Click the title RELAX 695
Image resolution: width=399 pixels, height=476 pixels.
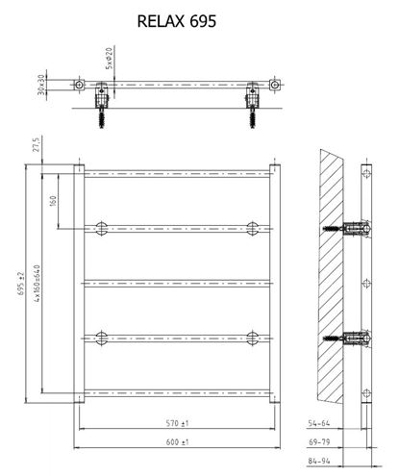pos(177,21)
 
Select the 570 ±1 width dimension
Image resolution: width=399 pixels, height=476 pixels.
pos(177,423)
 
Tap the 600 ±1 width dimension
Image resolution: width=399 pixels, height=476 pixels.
pos(177,442)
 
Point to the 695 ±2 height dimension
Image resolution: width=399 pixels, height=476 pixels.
pos(21,284)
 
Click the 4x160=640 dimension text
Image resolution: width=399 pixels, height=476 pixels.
pos(37,284)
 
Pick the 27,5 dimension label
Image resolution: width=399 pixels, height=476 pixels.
pos(37,144)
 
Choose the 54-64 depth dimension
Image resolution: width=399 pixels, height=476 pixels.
pos(319,423)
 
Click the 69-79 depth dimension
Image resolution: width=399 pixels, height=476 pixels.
pos(319,442)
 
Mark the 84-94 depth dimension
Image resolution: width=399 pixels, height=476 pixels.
pos(319,461)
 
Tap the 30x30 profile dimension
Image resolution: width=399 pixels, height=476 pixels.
pos(41,85)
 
